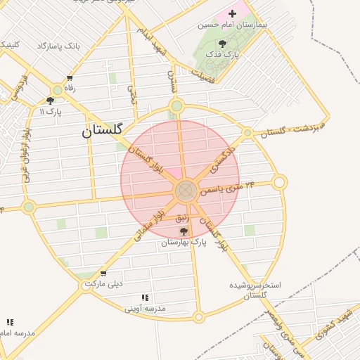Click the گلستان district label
102,131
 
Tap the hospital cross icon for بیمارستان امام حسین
233,13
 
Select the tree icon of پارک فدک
223,44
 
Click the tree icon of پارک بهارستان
184,231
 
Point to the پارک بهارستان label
185,243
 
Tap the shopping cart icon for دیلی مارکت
104,274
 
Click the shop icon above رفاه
69,78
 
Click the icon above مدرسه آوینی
145,298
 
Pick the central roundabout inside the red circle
186,189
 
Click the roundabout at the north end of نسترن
176,107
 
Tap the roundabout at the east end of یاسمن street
279,183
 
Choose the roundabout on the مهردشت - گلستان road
247,132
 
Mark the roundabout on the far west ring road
28,207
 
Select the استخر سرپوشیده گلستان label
255,290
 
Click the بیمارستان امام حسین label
224,25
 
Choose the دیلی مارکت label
104,284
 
